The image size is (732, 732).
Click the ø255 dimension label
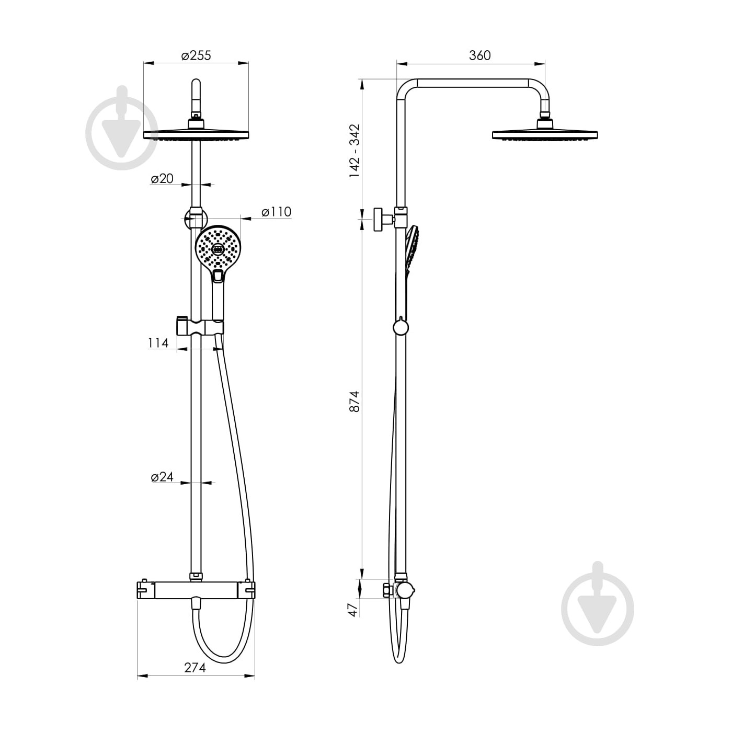coord(196,55)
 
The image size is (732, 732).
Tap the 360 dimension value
coord(480,55)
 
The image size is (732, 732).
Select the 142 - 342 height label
coord(354,151)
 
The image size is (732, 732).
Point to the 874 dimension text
coord(354,401)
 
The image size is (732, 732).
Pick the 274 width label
coord(195,667)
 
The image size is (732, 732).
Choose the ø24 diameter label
coord(162,477)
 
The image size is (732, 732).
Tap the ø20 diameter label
coord(162,178)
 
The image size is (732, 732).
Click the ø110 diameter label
coord(277,212)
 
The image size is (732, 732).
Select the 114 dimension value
coord(158,343)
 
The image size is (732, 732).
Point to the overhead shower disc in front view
coord(196,134)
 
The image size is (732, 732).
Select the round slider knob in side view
coord(401,327)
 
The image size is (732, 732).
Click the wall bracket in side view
coord(384,219)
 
